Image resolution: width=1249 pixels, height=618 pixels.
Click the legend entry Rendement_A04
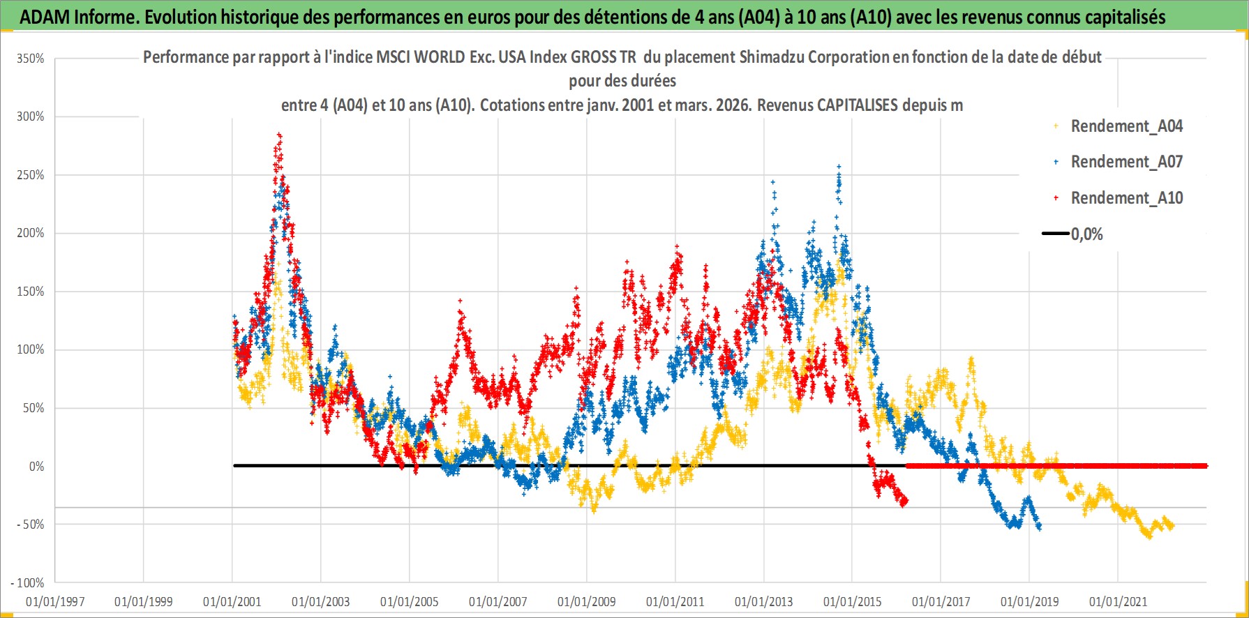point(1126,126)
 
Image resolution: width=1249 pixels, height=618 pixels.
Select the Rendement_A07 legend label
point(1126,162)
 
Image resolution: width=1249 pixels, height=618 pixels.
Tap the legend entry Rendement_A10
point(1126,198)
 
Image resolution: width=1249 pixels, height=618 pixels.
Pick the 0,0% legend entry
point(1086,234)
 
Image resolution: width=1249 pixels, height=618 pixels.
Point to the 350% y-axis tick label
point(31,59)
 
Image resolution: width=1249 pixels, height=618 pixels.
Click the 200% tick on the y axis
point(31,233)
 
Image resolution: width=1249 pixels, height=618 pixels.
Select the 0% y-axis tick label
point(36,466)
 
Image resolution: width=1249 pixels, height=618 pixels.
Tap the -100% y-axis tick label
point(28,582)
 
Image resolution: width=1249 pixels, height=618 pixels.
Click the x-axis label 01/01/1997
point(55,601)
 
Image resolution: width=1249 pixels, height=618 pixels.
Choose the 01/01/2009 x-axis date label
point(587,601)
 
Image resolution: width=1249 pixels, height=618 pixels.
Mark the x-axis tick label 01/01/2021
point(1118,601)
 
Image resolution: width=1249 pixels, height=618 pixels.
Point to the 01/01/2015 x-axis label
point(852,601)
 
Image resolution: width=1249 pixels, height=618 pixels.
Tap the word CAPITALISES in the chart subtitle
point(858,105)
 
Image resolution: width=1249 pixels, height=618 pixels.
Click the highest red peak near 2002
point(279,135)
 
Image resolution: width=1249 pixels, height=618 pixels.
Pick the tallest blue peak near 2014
point(839,167)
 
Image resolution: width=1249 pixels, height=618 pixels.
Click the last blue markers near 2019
point(1039,527)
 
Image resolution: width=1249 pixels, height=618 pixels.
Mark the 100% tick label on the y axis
point(31,349)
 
